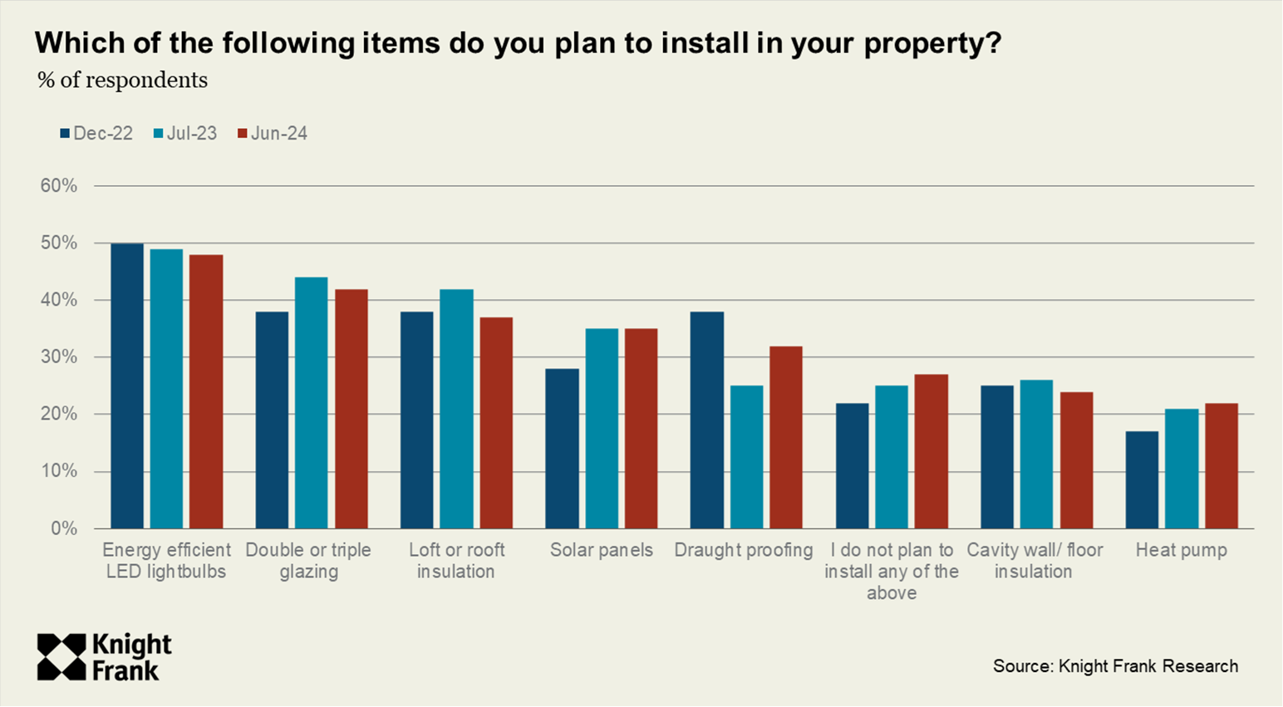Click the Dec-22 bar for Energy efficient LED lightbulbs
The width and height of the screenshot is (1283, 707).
coord(127,385)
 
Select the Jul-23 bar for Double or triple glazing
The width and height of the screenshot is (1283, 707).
coord(312,403)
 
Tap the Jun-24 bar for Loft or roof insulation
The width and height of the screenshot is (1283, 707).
coord(496,423)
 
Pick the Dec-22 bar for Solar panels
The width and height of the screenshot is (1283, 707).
coord(562,449)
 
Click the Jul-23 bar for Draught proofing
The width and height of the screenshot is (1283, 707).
coord(746,457)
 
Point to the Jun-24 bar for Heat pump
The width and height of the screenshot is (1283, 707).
coord(1222,466)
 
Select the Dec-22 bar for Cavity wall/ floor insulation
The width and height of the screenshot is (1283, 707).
coord(997,457)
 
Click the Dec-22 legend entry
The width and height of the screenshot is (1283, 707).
coord(96,134)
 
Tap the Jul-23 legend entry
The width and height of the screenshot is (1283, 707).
coord(185,134)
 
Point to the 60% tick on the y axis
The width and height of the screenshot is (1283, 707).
coord(59,186)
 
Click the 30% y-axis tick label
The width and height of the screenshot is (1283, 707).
coord(59,357)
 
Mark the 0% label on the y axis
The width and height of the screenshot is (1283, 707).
coord(64,528)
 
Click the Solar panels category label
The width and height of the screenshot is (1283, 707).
coord(602,550)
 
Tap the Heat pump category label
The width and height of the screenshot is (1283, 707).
coord(1181,550)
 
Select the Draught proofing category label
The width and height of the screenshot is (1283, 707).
coord(744,550)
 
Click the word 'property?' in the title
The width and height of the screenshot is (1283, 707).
coord(932,43)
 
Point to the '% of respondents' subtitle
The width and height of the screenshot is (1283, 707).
coord(123,81)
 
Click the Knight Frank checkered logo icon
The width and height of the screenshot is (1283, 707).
coord(61,657)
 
